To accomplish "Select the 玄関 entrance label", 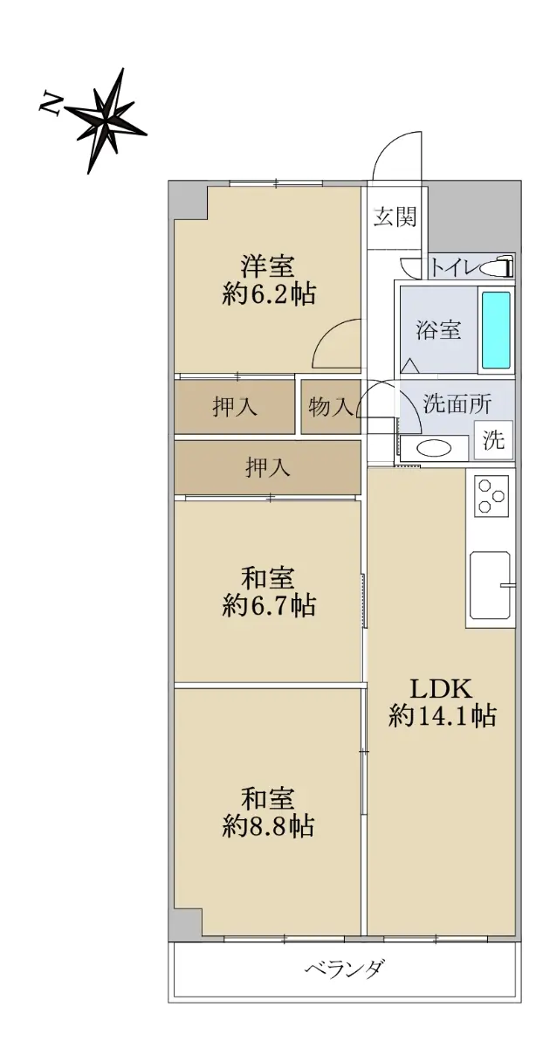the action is (395, 217).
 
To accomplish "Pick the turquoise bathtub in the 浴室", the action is (495, 329).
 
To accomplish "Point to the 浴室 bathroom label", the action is (437, 330).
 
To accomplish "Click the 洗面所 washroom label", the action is (457, 403).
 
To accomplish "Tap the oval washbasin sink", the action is (434, 448).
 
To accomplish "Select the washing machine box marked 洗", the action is (493, 440).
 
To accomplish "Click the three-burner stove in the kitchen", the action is (491, 495).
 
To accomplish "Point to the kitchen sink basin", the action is (490, 585).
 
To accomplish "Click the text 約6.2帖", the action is (268, 293).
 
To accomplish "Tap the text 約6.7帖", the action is (268, 605).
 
